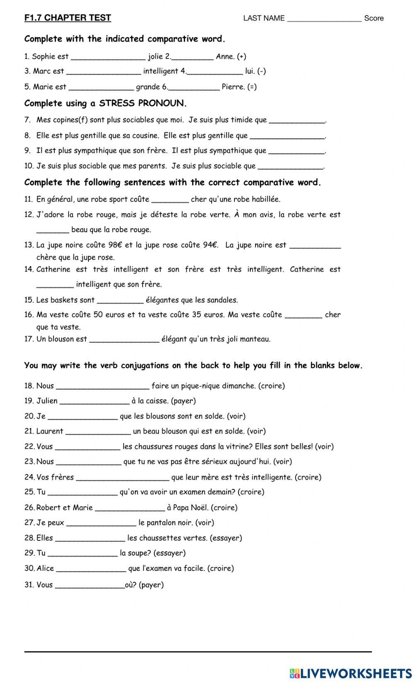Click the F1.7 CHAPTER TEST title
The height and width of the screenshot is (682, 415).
(68, 18)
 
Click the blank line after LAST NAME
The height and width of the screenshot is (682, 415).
(324, 19)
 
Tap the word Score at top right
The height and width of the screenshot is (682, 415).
(373, 18)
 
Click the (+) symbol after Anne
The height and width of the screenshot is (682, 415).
(242, 56)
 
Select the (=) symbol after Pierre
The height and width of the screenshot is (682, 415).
(252, 87)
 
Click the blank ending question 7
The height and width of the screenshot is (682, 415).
(297, 121)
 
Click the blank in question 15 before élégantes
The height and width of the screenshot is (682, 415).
(120, 301)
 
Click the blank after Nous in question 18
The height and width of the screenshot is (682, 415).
(103, 387)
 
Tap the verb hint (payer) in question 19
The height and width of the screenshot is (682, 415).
(183, 401)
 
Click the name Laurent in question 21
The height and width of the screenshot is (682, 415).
(50, 431)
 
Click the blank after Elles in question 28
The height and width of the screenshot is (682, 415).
(90, 539)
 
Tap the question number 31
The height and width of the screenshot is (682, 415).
(29, 585)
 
